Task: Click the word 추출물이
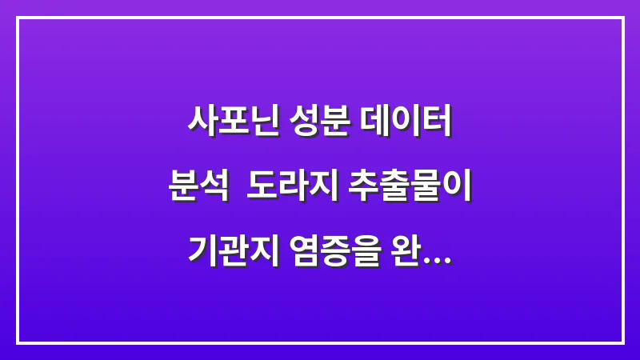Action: coord(411,189)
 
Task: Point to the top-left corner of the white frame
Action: coord(18,18)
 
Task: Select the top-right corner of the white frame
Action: coord(622,18)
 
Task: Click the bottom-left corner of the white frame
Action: coord(18,342)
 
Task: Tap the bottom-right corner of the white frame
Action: coord(622,342)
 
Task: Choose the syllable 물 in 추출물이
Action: coord(427,189)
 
